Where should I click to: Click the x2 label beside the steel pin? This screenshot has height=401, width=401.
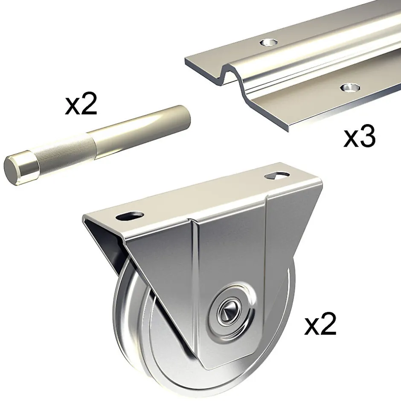coord(81,104)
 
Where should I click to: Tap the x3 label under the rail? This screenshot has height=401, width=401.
coord(359,138)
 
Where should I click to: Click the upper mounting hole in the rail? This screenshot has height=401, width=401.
coord(269,42)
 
